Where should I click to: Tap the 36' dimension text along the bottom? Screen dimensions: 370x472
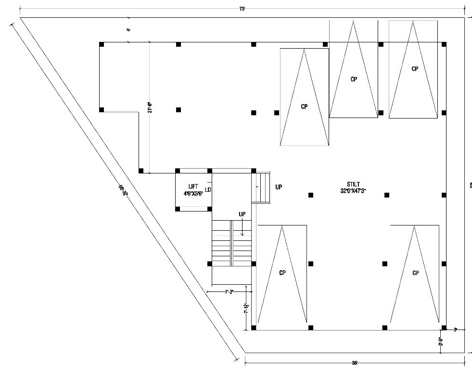point(355,363)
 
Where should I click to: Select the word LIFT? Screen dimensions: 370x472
point(193,186)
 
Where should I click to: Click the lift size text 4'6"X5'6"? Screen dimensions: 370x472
point(193,193)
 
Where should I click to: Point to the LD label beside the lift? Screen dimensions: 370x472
point(208,190)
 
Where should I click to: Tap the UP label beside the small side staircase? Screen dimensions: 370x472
point(279,187)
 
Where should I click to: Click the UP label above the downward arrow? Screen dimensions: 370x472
point(242,213)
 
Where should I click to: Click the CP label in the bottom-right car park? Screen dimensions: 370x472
point(416,273)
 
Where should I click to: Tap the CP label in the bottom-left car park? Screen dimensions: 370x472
point(282,273)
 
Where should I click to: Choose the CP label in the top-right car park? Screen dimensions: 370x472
point(415,69)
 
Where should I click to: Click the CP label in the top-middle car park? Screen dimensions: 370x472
point(354,79)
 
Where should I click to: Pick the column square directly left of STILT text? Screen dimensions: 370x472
point(310,195)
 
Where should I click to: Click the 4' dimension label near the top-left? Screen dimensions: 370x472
point(128,30)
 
